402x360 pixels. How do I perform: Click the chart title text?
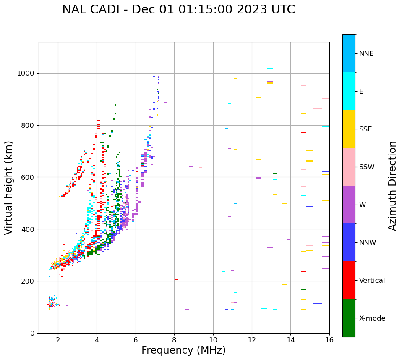click(x=178, y=10)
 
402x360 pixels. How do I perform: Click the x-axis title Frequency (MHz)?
click(x=183, y=350)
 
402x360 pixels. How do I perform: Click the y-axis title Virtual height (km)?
click(x=9, y=187)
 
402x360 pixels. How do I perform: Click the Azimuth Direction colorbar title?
click(x=392, y=186)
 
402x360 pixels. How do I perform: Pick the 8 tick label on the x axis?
click(x=174, y=340)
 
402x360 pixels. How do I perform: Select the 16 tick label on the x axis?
click(x=329, y=340)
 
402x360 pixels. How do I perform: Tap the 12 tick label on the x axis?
click(x=252, y=340)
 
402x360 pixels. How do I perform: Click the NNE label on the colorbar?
click(x=366, y=54)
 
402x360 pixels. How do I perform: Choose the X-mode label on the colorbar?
click(x=372, y=318)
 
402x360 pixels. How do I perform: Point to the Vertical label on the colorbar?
click(x=372, y=281)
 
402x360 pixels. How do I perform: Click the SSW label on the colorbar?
click(x=367, y=167)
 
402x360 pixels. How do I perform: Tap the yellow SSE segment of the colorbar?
click(x=349, y=129)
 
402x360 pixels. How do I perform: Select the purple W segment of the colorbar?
click(x=349, y=205)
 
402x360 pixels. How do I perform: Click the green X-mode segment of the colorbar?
click(x=349, y=318)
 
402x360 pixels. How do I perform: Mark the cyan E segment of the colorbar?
click(x=349, y=91)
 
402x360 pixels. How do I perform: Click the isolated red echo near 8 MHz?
click(x=176, y=279)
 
